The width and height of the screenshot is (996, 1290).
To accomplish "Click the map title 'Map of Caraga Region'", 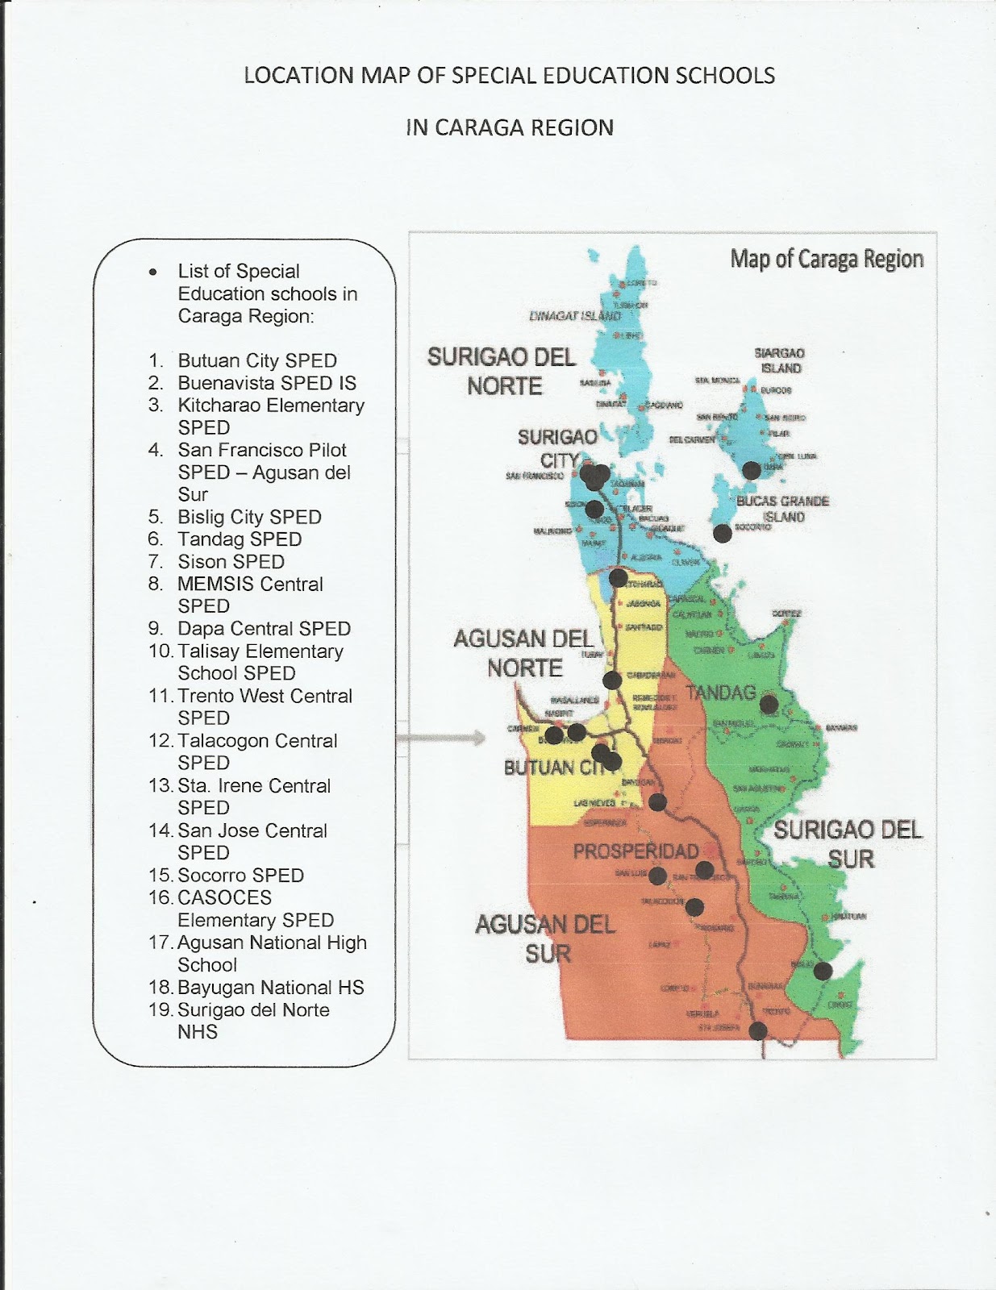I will [827, 259].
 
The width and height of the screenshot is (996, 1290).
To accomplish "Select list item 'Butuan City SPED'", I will [257, 360].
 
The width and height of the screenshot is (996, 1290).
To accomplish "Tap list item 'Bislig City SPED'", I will [249, 517].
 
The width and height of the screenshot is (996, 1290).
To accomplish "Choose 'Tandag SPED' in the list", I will [240, 539].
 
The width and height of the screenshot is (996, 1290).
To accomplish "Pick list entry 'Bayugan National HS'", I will [270, 988].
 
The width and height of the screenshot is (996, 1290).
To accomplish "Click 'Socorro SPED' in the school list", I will [240, 876].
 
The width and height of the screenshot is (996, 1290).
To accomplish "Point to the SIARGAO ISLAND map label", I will [779, 360].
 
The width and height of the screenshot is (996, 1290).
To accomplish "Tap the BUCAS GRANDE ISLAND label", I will [782, 509].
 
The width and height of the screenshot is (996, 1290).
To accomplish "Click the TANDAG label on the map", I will [720, 693].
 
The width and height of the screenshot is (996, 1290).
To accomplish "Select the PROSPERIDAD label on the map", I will [636, 851].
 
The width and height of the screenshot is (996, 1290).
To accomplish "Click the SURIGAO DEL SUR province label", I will [848, 844].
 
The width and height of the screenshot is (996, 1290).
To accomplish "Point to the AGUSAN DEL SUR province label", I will [545, 938].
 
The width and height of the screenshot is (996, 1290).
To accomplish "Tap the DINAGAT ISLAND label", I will [574, 316].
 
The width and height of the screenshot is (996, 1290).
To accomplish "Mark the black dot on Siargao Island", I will [751, 470].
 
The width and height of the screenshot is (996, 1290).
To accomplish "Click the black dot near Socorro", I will [722, 533].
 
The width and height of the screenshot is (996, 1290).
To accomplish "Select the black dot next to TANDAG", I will [769, 703].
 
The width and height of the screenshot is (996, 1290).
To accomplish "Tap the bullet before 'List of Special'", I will [152, 273].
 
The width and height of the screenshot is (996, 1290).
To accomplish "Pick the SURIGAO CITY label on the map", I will [557, 448].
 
